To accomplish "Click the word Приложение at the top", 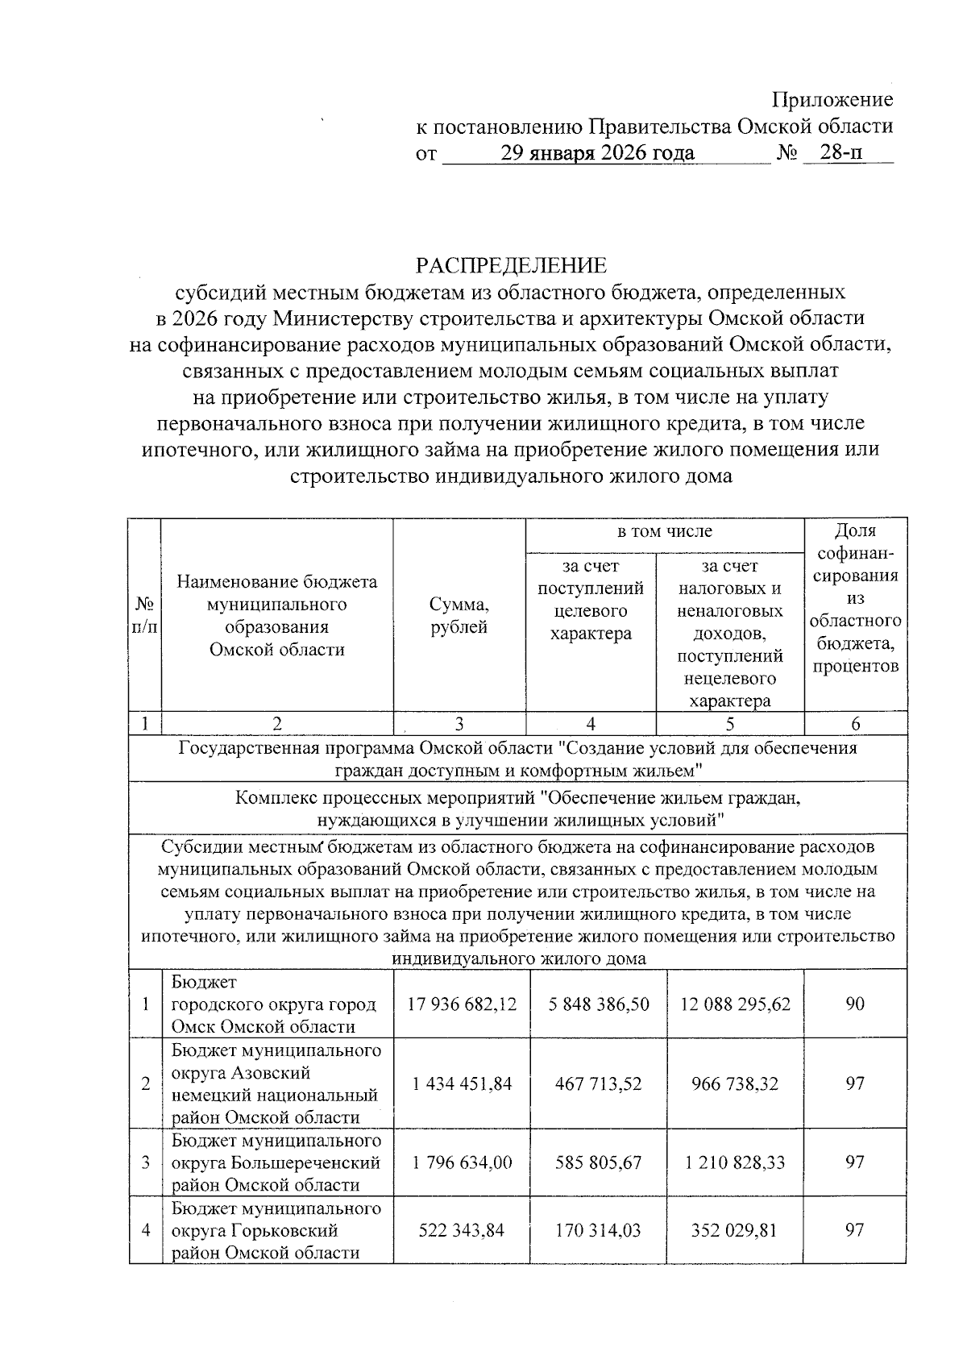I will click(832, 100).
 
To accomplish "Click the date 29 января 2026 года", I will click(596, 152).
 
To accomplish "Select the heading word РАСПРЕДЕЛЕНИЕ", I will click(510, 265).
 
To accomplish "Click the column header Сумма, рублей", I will click(459, 616).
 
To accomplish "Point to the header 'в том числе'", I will click(664, 531).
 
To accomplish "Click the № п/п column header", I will click(145, 614).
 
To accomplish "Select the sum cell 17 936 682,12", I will click(462, 1004).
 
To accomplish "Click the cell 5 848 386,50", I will click(598, 1004).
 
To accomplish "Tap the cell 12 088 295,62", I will click(735, 1004).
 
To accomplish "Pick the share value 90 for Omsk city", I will click(855, 1004).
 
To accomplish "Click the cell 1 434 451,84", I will click(462, 1083).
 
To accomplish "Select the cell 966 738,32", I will click(735, 1083).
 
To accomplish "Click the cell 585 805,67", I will click(598, 1162).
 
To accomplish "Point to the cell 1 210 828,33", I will click(735, 1162).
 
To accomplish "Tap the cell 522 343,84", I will click(462, 1230).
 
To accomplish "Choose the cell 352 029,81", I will click(735, 1230).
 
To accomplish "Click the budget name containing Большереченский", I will click(276, 1162).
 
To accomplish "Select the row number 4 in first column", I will click(145, 1230).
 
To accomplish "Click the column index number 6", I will click(855, 724).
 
